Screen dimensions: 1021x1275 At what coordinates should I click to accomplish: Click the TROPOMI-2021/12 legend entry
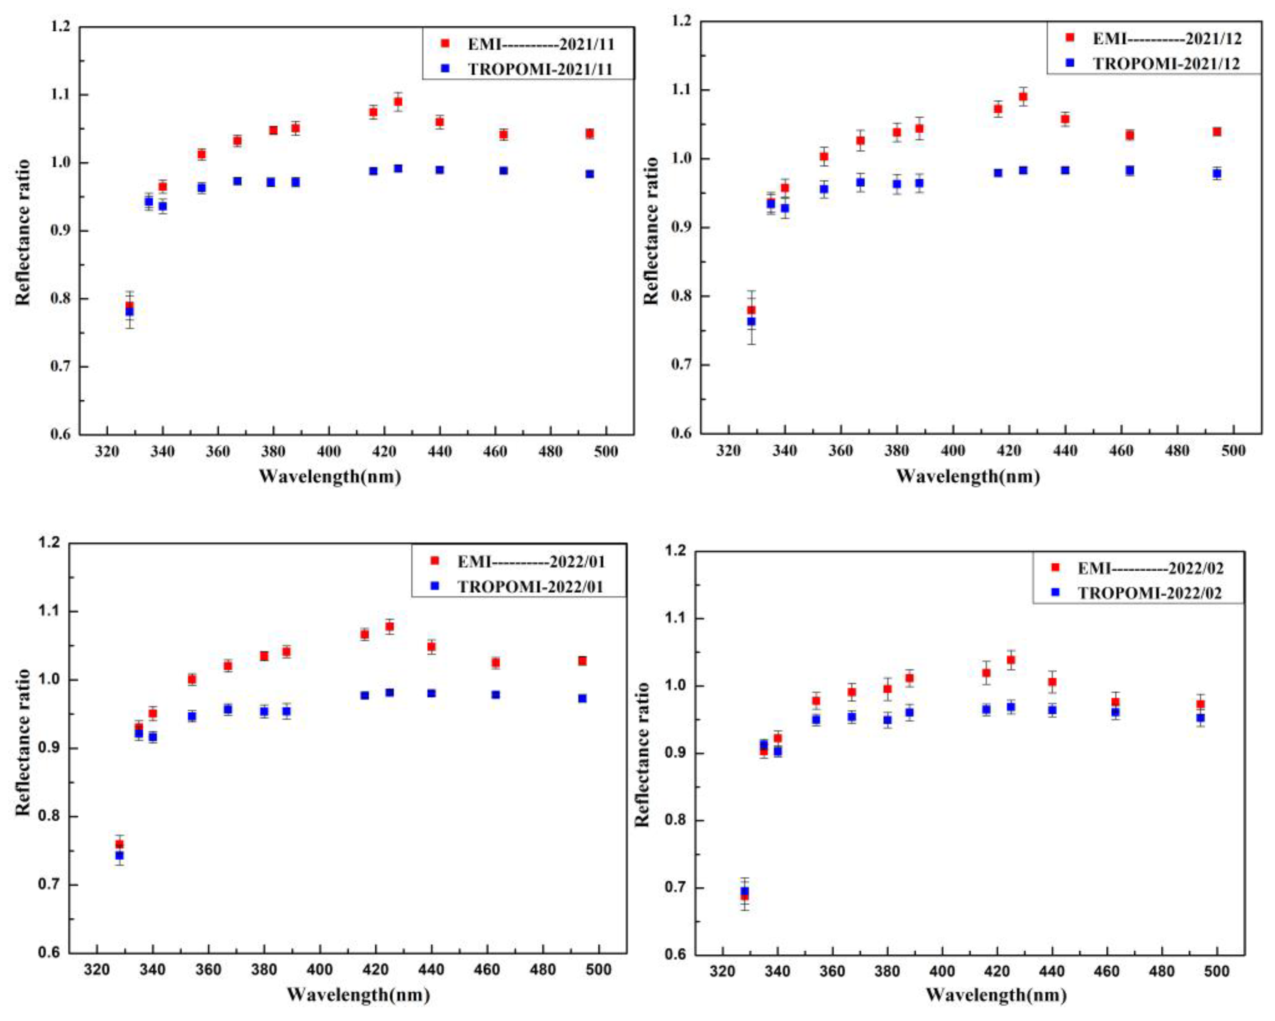click(x=1165, y=64)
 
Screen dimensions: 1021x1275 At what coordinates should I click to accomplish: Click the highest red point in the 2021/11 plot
click(x=398, y=102)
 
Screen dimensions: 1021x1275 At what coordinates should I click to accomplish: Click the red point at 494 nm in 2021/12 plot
click(x=1216, y=131)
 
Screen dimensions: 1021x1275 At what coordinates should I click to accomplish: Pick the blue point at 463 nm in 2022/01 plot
click(x=495, y=694)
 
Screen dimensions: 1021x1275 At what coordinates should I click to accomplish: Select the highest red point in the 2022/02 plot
click(x=1011, y=659)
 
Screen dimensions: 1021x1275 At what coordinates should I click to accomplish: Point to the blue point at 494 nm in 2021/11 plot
click(x=590, y=174)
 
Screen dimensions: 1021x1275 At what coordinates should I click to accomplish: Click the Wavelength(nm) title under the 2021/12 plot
click(x=968, y=476)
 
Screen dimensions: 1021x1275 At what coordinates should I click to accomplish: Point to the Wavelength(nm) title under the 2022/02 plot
click(x=996, y=994)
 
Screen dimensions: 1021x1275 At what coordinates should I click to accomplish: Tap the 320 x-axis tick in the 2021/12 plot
click(x=728, y=451)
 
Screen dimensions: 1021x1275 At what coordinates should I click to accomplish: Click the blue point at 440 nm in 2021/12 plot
click(x=1065, y=170)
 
